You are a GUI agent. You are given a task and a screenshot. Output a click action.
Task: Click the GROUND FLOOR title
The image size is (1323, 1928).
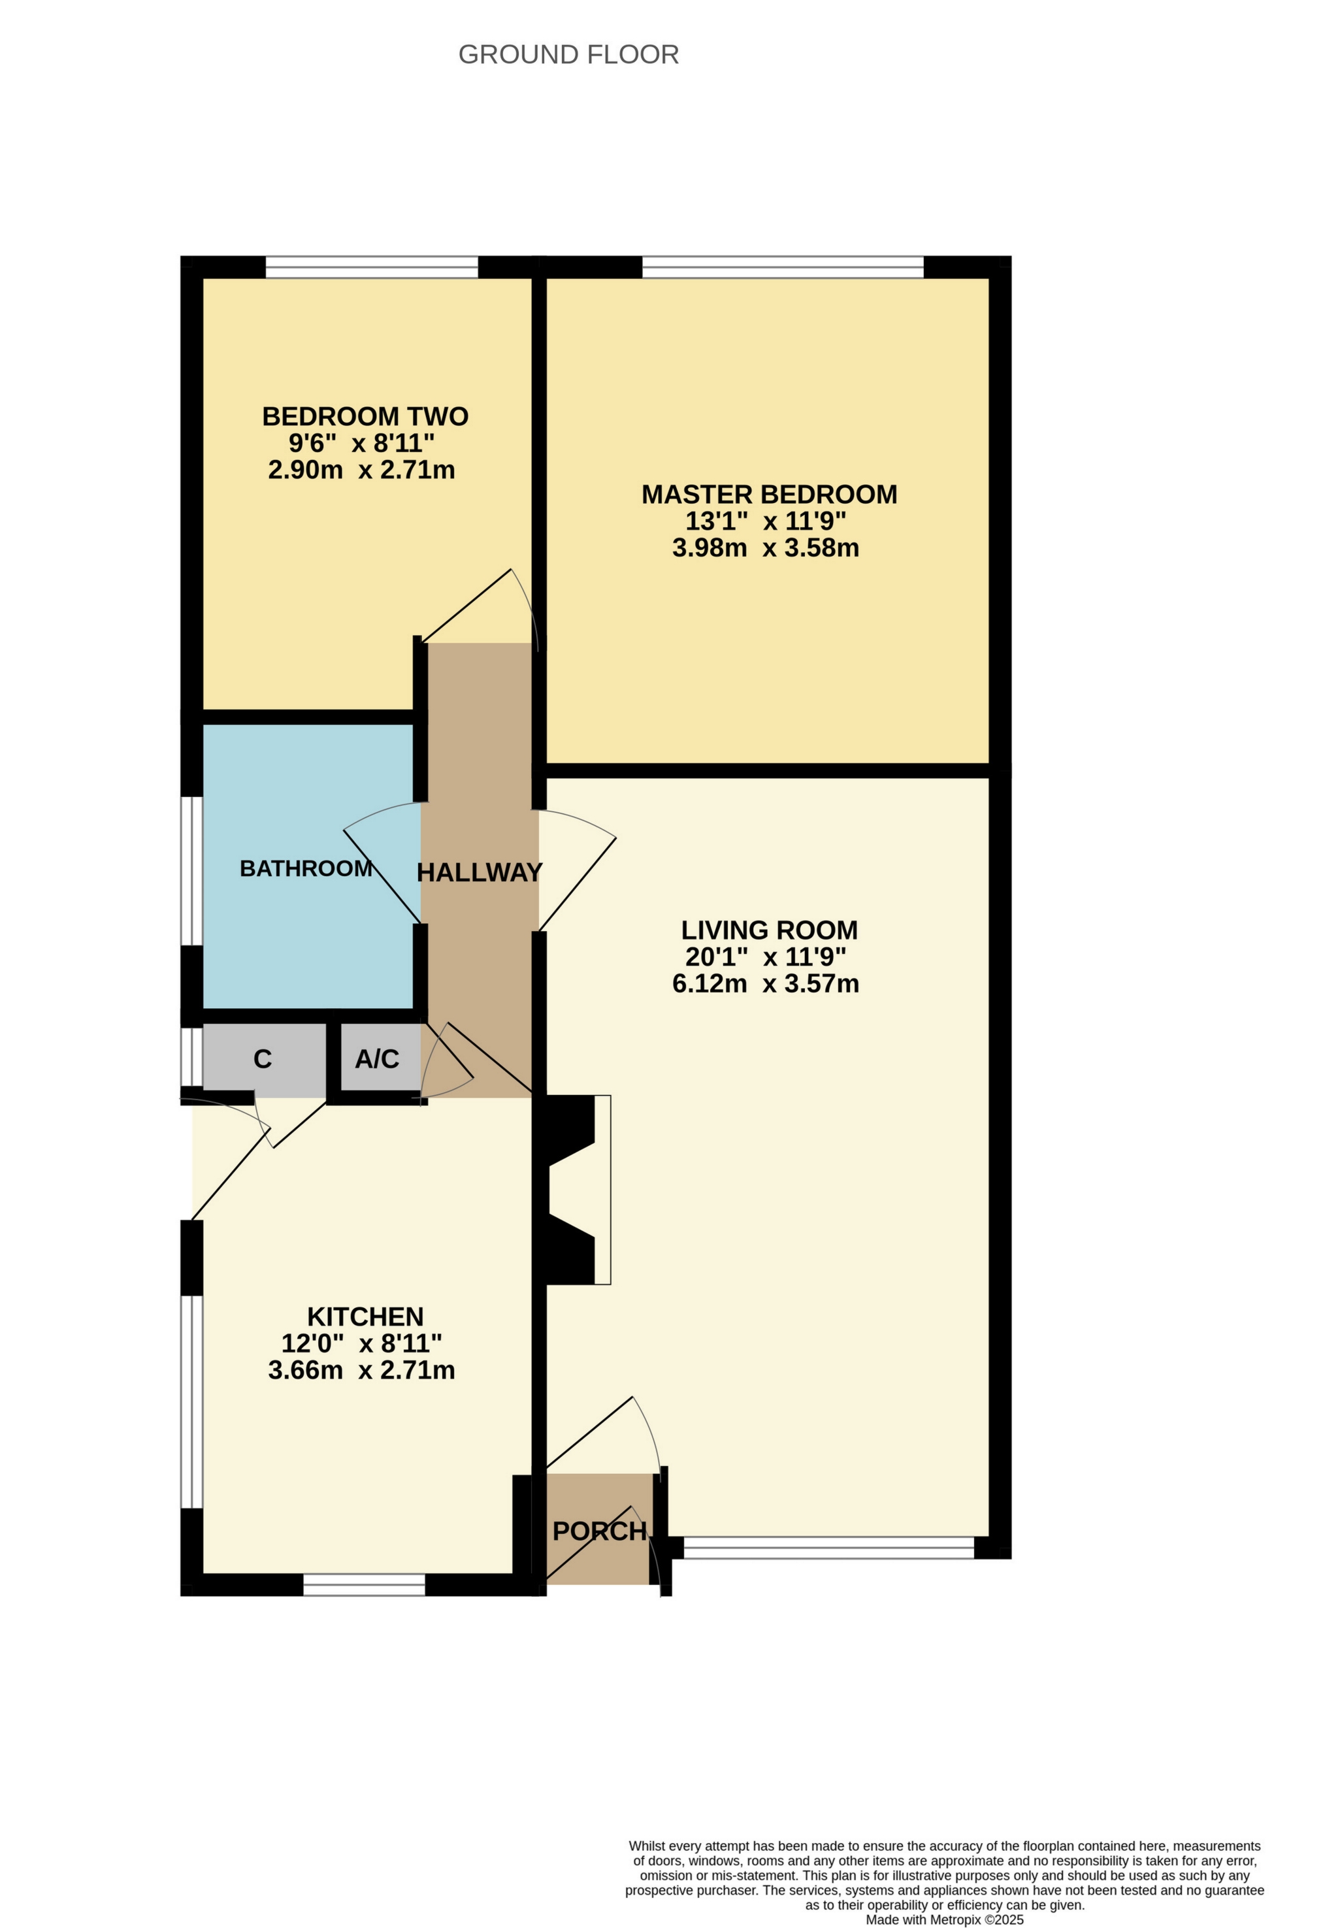pyautogui.click(x=568, y=55)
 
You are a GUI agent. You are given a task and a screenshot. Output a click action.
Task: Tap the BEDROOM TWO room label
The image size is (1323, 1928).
pyautogui.click(x=365, y=416)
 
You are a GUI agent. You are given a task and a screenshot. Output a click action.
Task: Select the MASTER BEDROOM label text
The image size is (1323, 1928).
pyautogui.click(x=769, y=495)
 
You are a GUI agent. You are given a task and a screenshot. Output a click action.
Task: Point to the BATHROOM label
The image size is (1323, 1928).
pyautogui.click(x=305, y=868)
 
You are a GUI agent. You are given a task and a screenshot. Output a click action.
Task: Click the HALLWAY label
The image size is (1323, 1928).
pyautogui.click(x=479, y=873)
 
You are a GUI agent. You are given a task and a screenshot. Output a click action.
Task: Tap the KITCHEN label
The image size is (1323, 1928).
pyautogui.click(x=365, y=1316)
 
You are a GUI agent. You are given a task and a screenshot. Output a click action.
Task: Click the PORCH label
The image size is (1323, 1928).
pyautogui.click(x=599, y=1531)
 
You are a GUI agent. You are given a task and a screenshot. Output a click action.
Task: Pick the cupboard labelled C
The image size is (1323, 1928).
pyautogui.click(x=263, y=1060)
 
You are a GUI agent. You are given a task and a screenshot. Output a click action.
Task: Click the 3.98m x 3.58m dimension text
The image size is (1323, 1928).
pyautogui.click(x=765, y=548)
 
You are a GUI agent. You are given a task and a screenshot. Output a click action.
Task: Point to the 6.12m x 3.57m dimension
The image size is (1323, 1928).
pyautogui.click(x=765, y=984)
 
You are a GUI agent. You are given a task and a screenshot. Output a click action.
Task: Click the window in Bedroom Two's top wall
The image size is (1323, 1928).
pyautogui.click(x=372, y=267)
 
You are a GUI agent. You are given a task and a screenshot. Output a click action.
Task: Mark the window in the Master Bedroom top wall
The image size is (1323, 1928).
pyautogui.click(x=782, y=267)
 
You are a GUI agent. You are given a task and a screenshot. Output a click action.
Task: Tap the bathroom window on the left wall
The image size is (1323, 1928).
pyautogui.click(x=191, y=870)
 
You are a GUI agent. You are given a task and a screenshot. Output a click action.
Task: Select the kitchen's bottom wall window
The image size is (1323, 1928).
pyautogui.click(x=363, y=1586)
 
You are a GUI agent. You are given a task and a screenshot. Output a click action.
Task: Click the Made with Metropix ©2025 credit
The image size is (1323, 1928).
pyautogui.click(x=944, y=1920)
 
